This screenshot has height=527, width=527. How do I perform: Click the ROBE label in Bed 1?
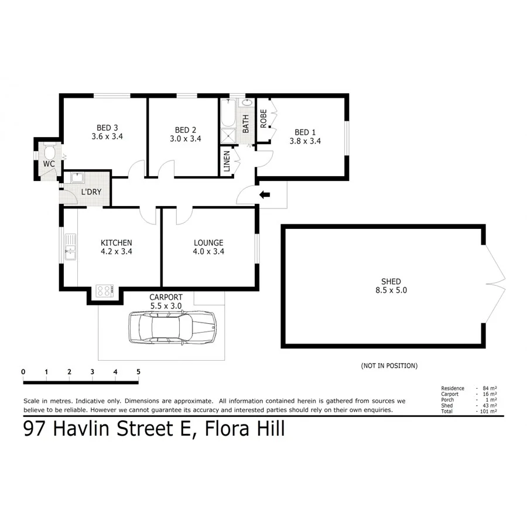click(x=264, y=119)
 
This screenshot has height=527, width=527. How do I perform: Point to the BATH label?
click(x=246, y=122)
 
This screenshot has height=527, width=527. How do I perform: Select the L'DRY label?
click(x=90, y=192)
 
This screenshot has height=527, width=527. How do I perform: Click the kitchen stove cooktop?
click(x=105, y=290)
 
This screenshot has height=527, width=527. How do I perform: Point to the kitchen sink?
click(x=70, y=247)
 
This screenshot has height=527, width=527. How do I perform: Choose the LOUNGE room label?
click(x=208, y=242)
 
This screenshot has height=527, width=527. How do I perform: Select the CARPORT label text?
click(x=166, y=297)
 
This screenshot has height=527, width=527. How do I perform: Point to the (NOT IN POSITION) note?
click(x=389, y=365)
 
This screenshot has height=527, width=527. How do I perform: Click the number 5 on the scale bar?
click(x=138, y=371)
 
